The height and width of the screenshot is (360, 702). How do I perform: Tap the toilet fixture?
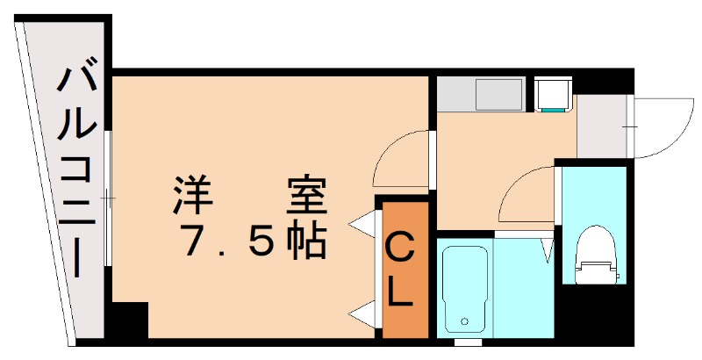click(x=597, y=255)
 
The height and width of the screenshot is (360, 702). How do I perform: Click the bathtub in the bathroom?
click(x=463, y=290)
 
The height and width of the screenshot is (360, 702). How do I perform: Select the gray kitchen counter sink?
click(x=482, y=95)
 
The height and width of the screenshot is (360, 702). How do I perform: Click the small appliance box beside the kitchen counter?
click(x=553, y=95)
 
